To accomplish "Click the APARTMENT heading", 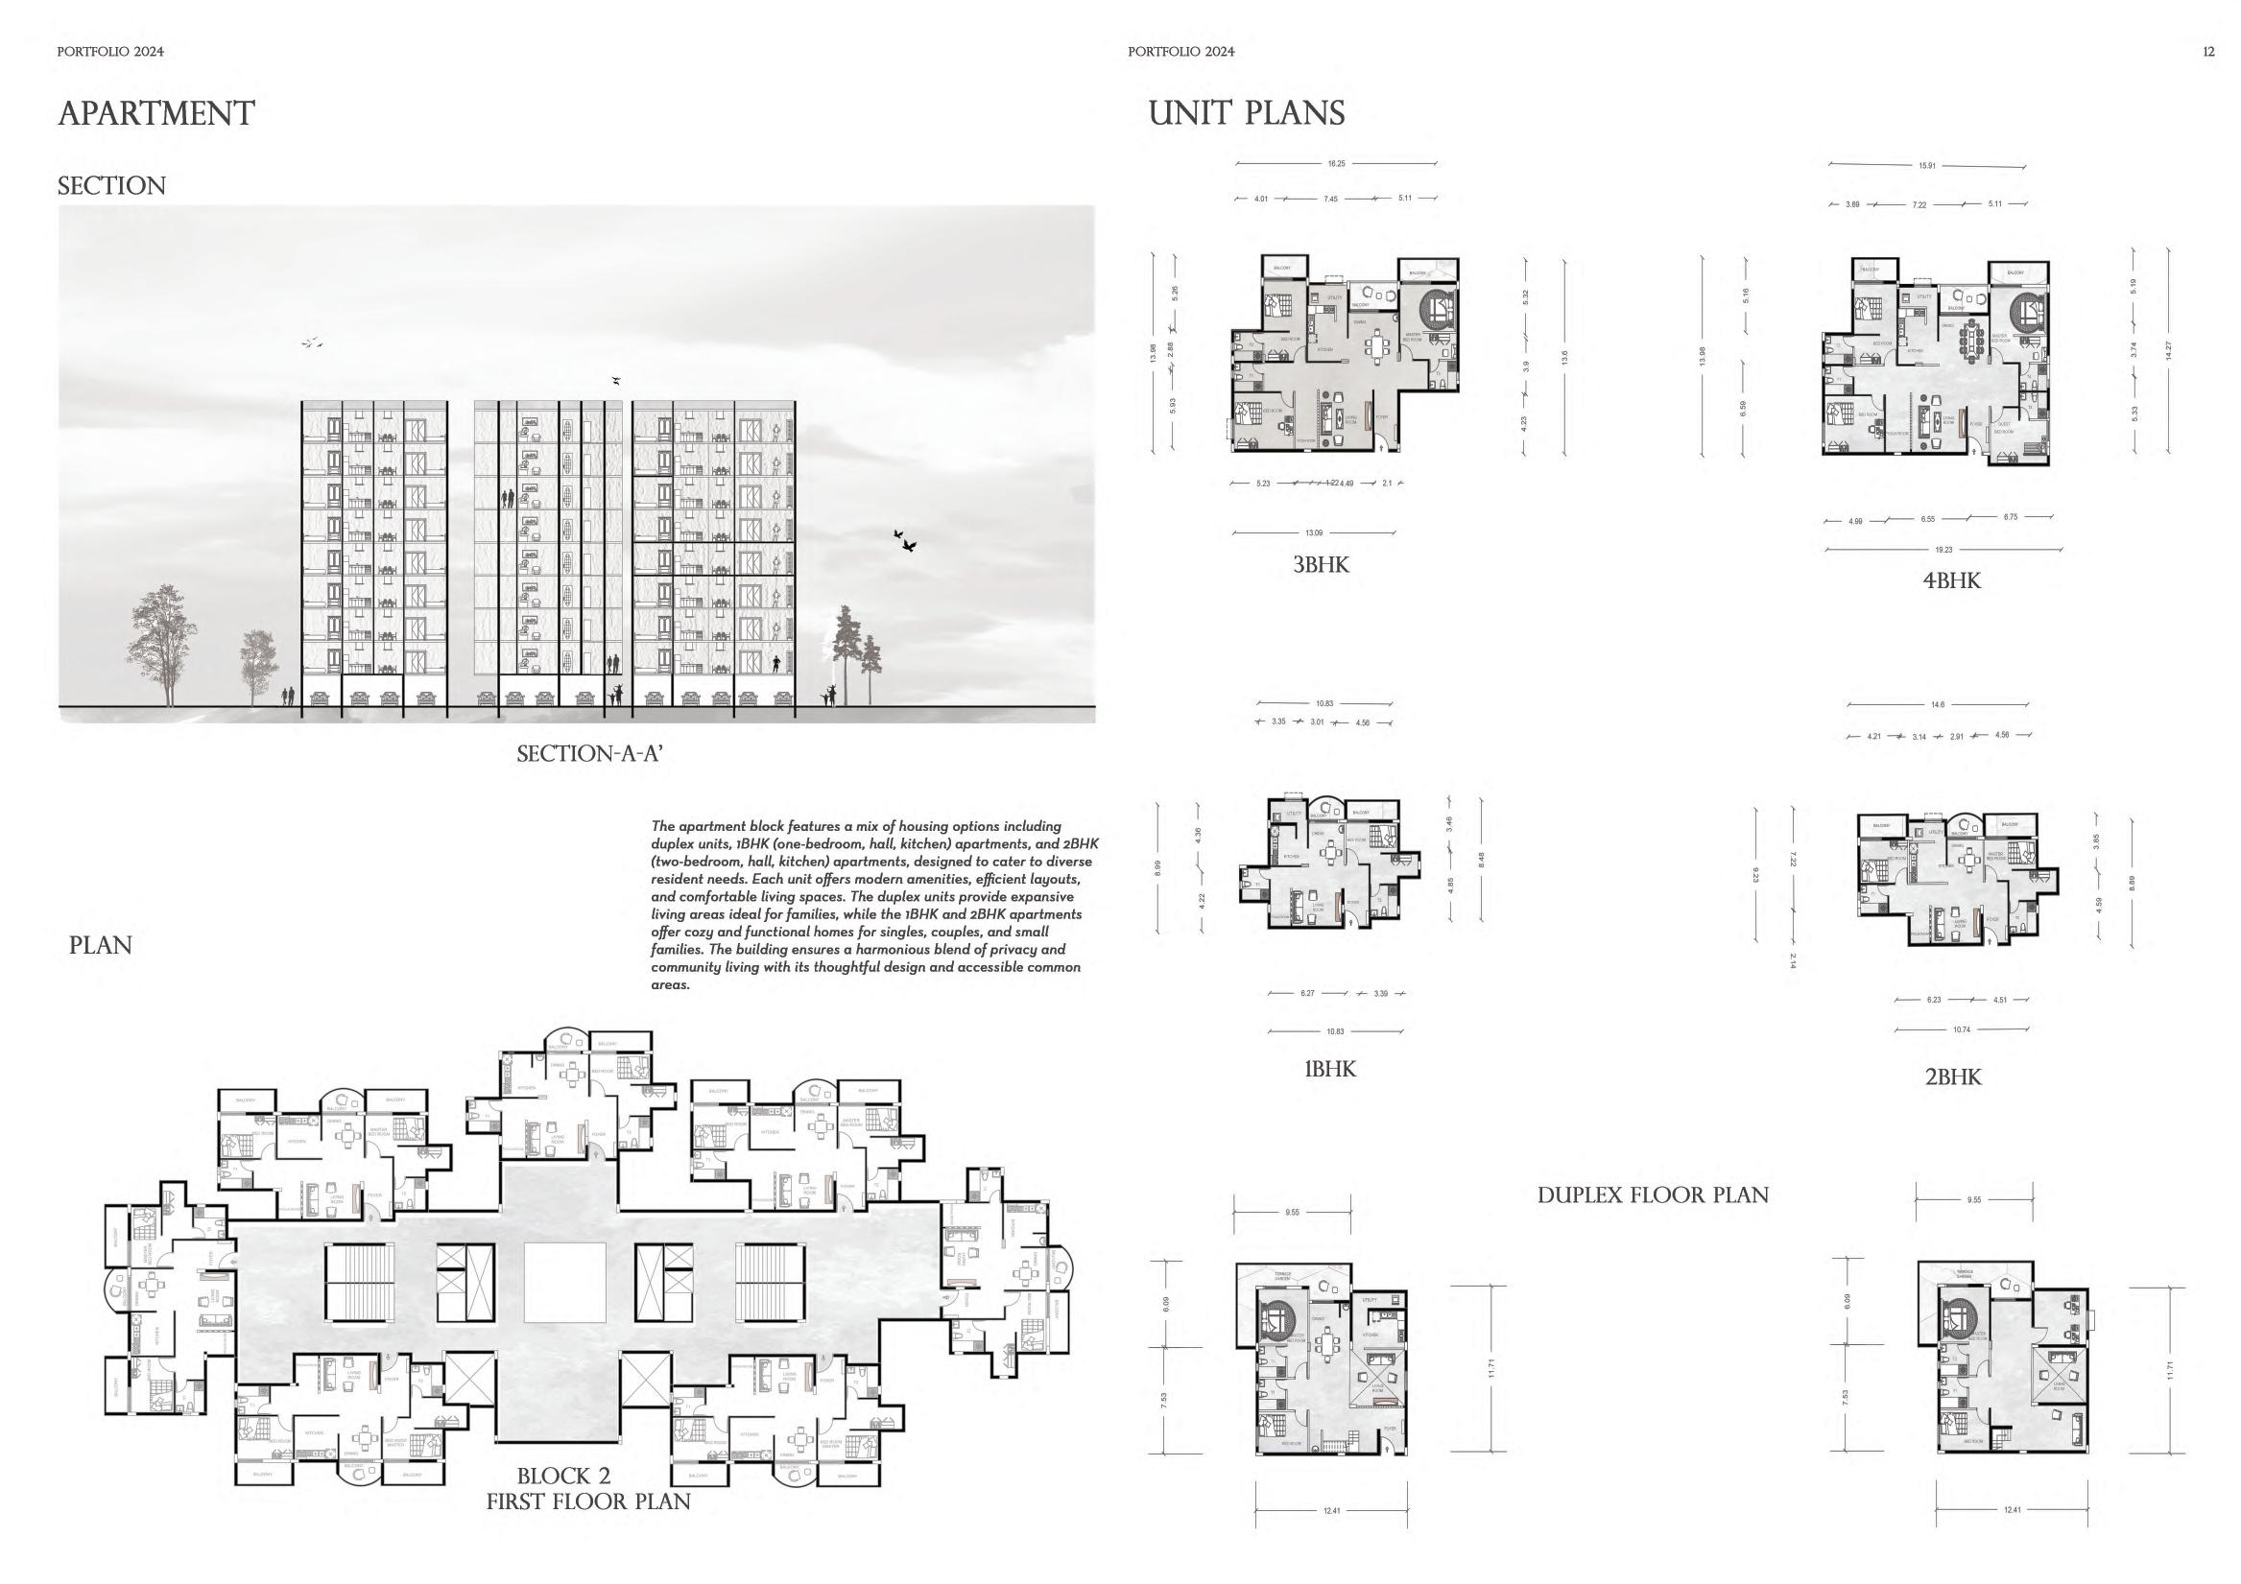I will pos(156,113).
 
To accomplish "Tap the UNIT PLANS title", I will pos(1247,113).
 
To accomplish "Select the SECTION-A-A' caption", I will pos(590,753).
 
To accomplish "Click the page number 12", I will pos(2208,52).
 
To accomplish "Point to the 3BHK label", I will pos(1321,564).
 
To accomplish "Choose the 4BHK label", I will pos(1952,580).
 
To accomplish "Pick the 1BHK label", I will pos(1330,1069).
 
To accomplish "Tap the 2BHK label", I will pos(1953,1076).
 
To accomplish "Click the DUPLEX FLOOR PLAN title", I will pos(1653,1194).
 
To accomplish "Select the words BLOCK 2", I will pos(563,1475).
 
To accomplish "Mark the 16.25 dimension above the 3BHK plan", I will pos(1336,164).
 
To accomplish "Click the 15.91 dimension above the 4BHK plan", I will pos(1927,166).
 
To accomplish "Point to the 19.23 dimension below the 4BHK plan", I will pos(1943,550).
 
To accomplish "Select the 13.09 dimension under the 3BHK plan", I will pos(1314,532).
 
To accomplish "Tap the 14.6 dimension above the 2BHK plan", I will pos(1939,704).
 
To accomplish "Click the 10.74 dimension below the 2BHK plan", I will pos(1962,1029).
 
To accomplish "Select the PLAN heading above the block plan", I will pos(101,945).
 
